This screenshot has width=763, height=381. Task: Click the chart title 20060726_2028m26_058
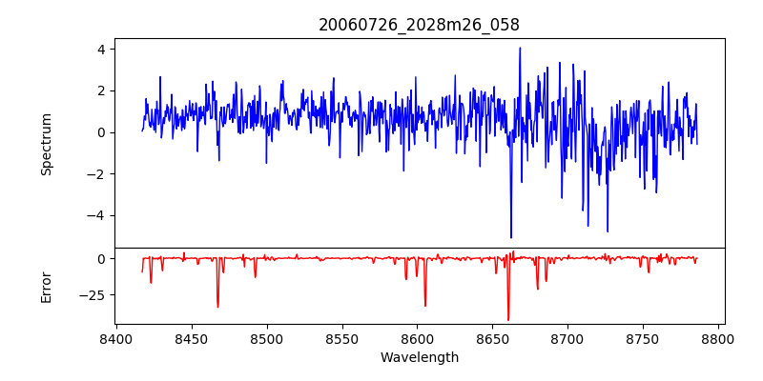pos(419,25)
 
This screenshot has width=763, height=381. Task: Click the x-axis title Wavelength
pos(419,358)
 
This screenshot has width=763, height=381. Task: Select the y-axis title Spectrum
pos(47,144)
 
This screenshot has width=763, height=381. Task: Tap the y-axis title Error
pos(47,287)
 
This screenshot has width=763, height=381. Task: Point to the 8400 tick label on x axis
pos(115,340)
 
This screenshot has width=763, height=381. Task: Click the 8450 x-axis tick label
pos(191,340)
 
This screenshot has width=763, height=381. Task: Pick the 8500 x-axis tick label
pos(266,340)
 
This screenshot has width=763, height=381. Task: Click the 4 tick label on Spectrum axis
pos(99,50)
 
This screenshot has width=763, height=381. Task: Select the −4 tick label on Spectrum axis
pos(95,215)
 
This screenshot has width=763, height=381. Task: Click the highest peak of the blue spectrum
pos(520,48)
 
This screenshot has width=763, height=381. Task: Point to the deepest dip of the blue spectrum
pos(511,237)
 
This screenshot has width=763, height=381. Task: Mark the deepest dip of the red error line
pos(508,320)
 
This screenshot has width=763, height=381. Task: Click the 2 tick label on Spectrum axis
pos(99,90)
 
